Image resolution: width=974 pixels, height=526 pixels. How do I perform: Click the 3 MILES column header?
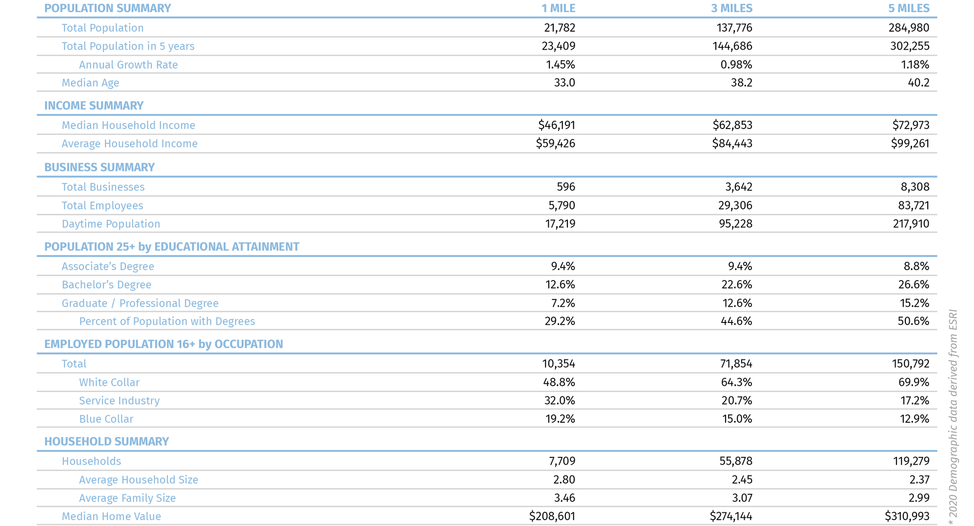(731, 8)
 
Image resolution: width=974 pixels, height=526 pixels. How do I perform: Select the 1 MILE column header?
(558, 8)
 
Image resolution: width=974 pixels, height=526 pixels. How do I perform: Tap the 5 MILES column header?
(909, 8)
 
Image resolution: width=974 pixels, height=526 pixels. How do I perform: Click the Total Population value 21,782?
(560, 28)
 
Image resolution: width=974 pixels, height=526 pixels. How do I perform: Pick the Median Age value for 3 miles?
(742, 83)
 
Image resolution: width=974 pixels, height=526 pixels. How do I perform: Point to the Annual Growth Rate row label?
(128, 65)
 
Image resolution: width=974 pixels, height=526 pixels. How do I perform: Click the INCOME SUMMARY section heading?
(94, 106)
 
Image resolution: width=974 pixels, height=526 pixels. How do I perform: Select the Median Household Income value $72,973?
(911, 125)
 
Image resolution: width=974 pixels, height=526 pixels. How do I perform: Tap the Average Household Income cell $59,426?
(556, 144)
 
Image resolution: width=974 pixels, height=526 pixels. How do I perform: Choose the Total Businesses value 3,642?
(739, 187)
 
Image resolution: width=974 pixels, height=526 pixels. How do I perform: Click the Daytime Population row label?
(111, 224)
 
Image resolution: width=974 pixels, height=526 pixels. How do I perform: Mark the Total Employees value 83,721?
(914, 206)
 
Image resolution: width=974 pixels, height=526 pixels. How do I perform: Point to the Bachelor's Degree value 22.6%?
(736, 284)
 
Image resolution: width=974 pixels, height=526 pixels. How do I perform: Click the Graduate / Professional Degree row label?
(140, 303)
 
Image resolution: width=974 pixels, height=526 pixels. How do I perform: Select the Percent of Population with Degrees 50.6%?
(913, 321)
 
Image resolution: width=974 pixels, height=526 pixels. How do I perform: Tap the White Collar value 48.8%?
(559, 382)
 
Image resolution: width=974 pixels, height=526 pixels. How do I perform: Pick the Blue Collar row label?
(106, 419)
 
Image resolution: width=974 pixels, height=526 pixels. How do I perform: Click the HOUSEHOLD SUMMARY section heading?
(106, 442)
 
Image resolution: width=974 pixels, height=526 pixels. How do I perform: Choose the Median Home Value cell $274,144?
(731, 516)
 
